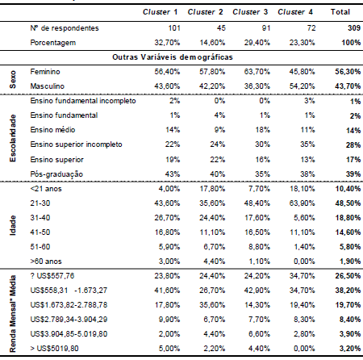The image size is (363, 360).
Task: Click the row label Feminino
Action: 47,72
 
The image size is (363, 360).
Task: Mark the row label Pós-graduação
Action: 54,174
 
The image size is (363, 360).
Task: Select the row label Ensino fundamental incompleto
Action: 82,101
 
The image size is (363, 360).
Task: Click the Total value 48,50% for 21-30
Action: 340,203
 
